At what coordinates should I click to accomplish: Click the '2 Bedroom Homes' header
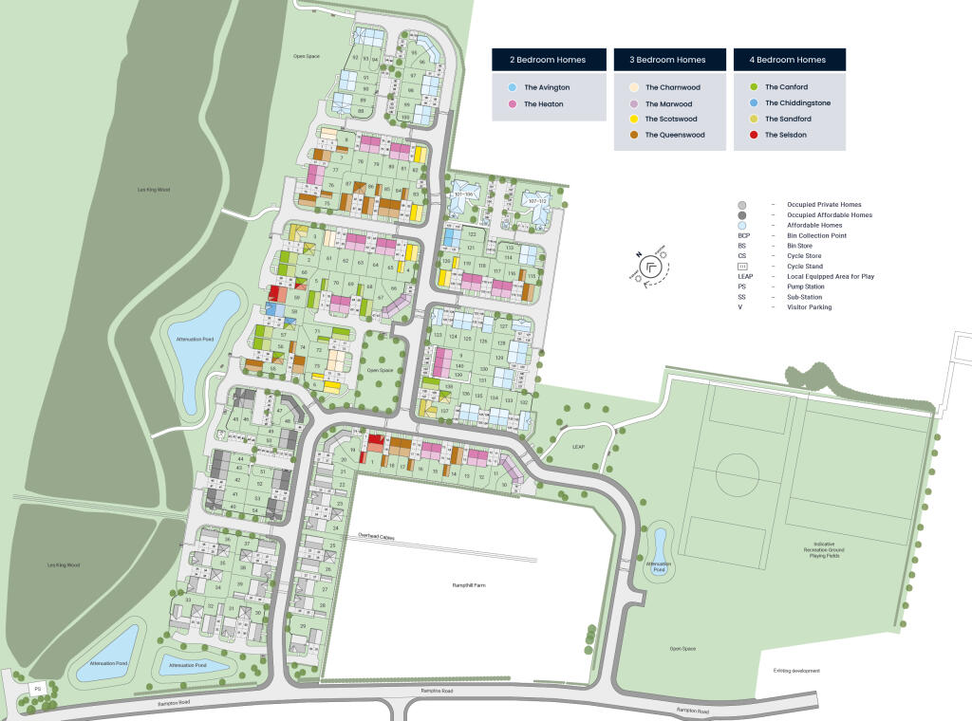coord(548,60)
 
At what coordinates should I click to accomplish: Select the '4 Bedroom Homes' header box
coord(789,60)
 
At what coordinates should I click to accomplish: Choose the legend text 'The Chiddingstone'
coord(797,102)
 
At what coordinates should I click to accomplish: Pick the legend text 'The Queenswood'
coord(675,135)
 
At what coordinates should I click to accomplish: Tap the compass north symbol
coord(651,267)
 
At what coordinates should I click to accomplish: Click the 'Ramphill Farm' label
coord(469,585)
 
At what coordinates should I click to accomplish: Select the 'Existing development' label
coord(795,671)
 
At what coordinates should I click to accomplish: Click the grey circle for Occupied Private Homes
coord(741,205)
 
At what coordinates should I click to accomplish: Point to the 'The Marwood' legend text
coord(668,103)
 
